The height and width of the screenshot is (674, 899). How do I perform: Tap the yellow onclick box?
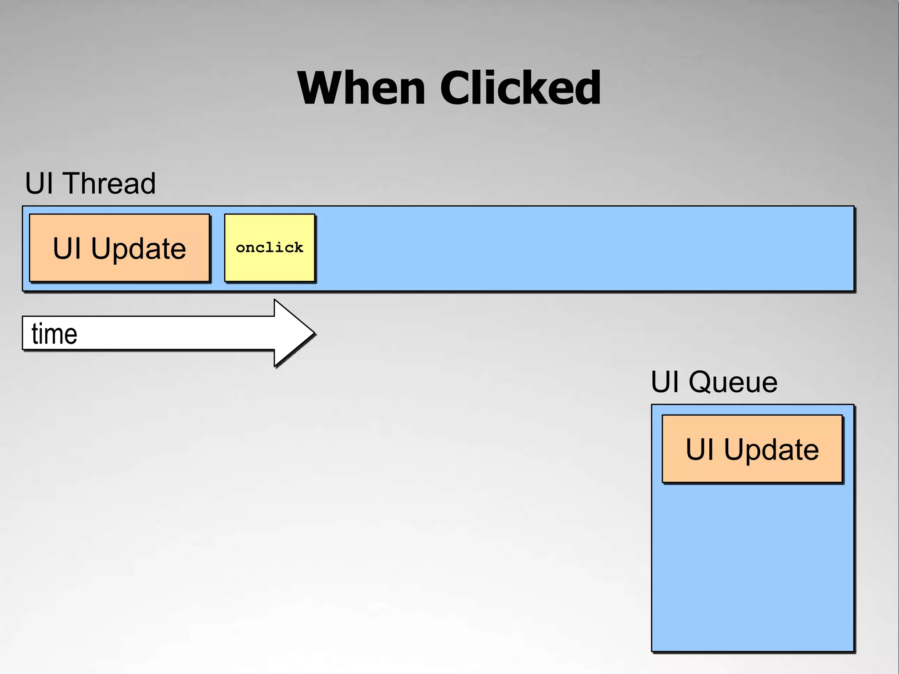(x=270, y=247)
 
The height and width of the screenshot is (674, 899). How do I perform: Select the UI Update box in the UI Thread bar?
(x=119, y=247)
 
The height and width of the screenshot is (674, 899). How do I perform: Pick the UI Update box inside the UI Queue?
(x=752, y=448)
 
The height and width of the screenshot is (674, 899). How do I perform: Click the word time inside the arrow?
(x=54, y=334)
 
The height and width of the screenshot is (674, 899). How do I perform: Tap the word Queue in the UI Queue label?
(x=733, y=382)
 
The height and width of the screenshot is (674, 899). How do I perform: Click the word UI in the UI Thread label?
(x=39, y=183)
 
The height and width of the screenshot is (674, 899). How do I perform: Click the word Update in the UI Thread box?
(x=138, y=249)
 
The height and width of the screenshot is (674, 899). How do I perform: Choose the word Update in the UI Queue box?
(x=771, y=450)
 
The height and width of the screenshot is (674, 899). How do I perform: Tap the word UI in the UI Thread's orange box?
(x=67, y=248)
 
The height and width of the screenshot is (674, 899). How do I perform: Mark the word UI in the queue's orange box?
(x=700, y=449)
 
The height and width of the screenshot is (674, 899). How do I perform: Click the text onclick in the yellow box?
(x=270, y=247)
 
